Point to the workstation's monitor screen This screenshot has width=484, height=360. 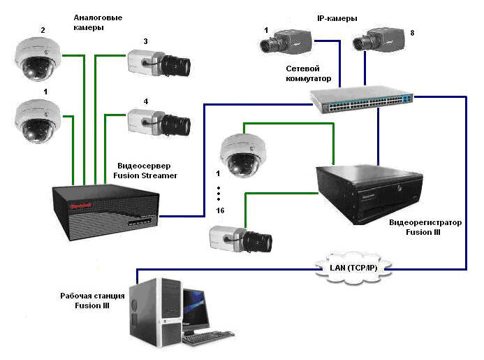coord(197,308)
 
